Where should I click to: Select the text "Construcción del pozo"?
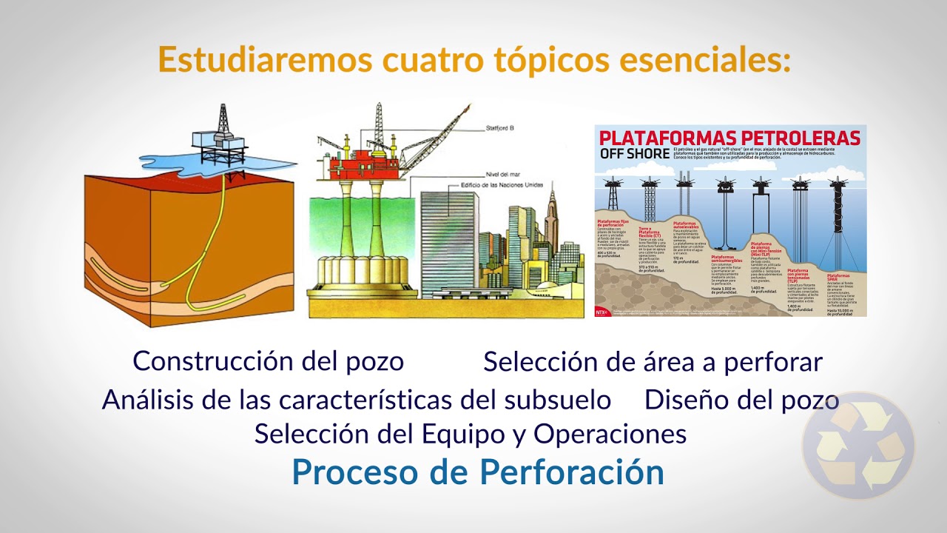(x=269, y=361)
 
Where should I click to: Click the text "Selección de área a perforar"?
(x=653, y=362)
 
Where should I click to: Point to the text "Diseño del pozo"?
(x=741, y=400)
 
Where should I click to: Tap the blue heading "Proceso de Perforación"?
(x=478, y=472)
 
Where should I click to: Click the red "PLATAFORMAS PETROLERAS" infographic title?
(x=729, y=138)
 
